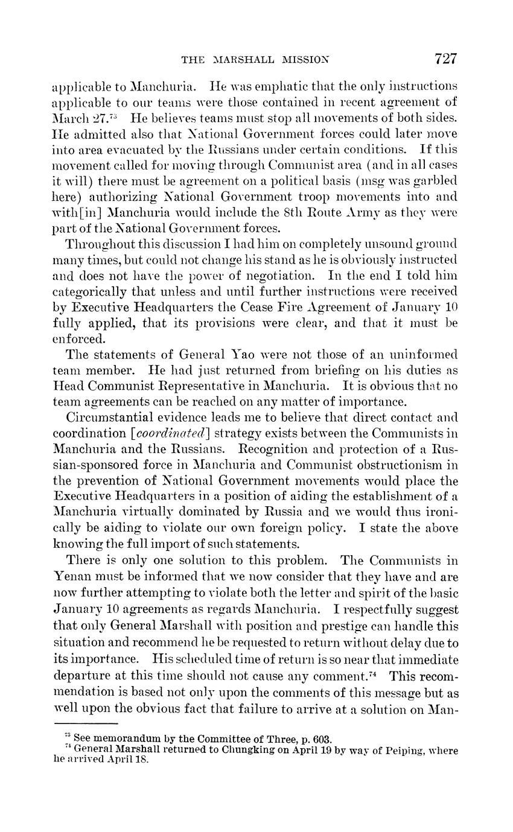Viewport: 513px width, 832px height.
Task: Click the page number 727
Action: pyautogui.click(x=445, y=59)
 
